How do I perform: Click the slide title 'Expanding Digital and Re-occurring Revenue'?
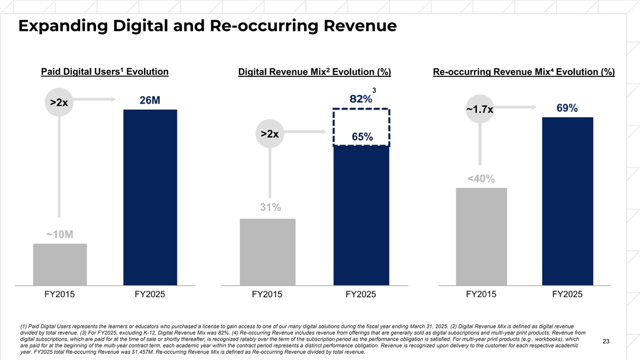pos(207,26)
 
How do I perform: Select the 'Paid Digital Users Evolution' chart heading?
pos(105,72)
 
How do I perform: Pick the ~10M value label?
pos(59,236)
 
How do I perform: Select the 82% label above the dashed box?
pos(361,99)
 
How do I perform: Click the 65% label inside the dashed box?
pos(362,137)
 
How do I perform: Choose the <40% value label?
pos(481,178)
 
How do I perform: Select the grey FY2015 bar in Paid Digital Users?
pos(60,265)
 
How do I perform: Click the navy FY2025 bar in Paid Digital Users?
pos(150,197)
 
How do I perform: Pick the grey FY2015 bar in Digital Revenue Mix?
pos(268,252)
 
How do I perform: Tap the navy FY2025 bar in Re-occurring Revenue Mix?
pos(567,201)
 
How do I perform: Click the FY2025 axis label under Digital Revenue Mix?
pos(361,294)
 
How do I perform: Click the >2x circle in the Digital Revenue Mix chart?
pos(270,134)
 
